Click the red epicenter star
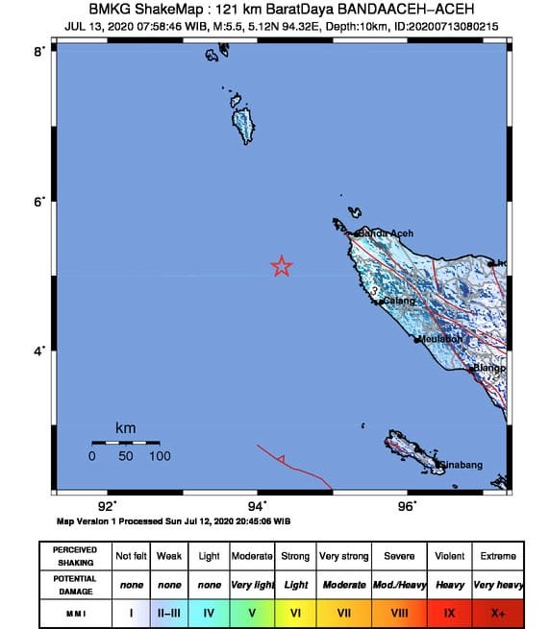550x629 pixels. point(282,266)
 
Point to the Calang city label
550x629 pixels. point(399,302)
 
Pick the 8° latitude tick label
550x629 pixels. point(39,51)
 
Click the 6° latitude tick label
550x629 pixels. point(39,202)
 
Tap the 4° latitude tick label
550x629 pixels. point(39,351)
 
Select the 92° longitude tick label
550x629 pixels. point(107,506)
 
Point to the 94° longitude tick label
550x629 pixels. point(257,506)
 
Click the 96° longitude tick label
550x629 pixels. point(408,506)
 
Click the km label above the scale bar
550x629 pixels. point(125,427)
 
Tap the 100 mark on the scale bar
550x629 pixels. point(159,456)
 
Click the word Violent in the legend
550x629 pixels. point(450,556)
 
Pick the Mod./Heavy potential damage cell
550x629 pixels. point(398,583)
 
